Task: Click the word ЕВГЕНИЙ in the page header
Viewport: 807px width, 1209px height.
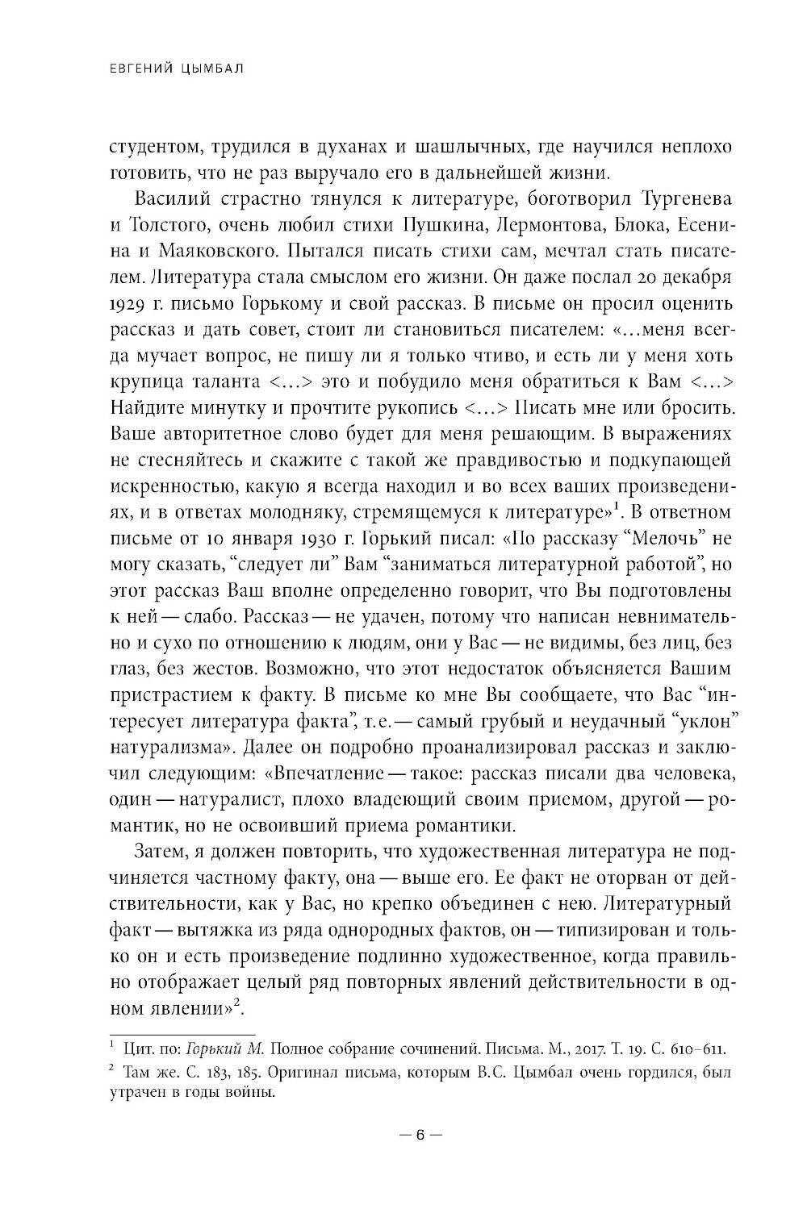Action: click(x=138, y=70)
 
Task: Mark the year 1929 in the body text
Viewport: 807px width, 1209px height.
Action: click(x=127, y=302)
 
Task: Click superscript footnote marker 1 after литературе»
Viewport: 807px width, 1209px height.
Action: click(x=614, y=505)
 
